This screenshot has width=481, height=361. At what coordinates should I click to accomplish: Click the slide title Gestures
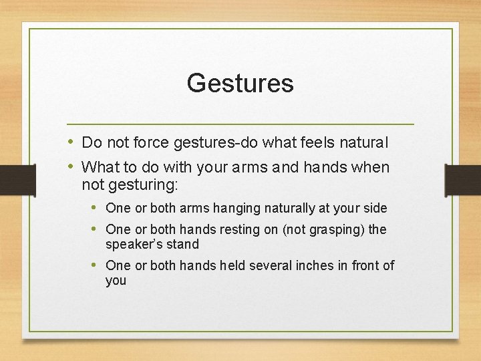[240, 84]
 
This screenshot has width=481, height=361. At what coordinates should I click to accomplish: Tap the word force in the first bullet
[151, 142]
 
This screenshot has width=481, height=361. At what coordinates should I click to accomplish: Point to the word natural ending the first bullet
[364, 142]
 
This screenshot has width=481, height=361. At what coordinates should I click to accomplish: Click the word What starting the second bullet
[101, 167]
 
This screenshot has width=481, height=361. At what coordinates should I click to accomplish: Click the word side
[374, 209]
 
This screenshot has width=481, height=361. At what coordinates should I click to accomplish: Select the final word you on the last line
[116, 281]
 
